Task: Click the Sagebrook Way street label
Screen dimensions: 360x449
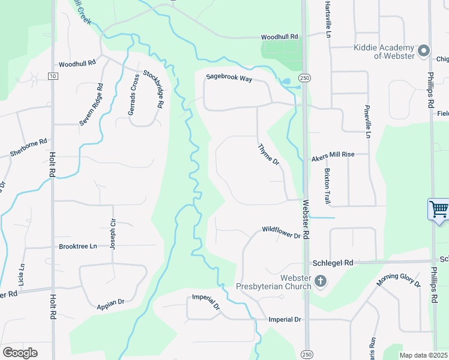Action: coord(229,77)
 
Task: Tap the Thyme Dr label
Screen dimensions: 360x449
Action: coord(269,154)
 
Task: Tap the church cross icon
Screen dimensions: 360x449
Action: coord(321,281)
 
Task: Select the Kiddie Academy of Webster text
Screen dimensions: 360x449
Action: coord(385,52)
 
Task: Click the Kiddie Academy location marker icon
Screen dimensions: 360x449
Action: coord(424,50)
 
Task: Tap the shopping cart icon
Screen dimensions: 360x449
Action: coord(439,209)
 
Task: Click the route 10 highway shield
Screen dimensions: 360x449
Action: coord(53,76)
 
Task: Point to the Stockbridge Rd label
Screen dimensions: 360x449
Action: coord(153,89)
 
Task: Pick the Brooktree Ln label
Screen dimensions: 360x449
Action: coord(78,247)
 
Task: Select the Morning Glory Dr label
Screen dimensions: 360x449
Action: coord(399,279)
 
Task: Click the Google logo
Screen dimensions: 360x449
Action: coord(20,353)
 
